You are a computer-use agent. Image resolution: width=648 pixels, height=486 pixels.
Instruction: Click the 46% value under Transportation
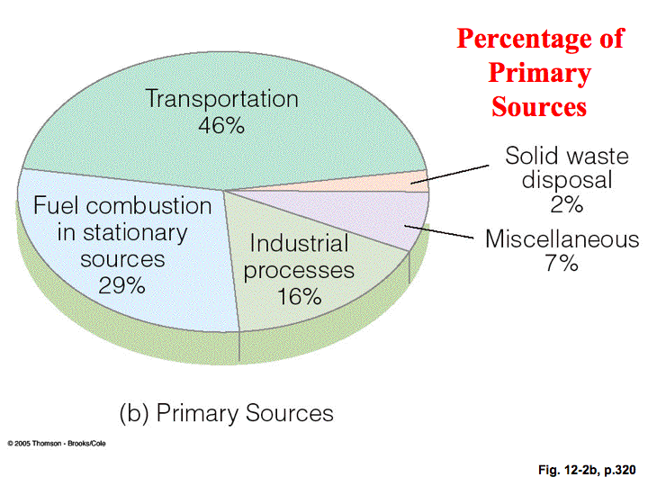[x=221, y=125]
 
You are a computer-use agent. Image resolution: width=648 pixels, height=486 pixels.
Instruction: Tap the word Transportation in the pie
[x=222, y=99]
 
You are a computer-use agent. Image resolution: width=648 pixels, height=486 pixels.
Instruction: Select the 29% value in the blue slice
[x=121, y=285]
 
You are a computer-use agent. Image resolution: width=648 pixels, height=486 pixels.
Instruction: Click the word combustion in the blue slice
[x=148, y=205]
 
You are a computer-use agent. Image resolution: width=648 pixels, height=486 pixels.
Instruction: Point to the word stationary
[x=135, y=233]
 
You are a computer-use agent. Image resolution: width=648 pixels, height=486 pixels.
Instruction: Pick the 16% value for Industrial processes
[x=299, y=296]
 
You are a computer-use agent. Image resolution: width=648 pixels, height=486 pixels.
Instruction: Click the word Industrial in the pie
[x=299, y=243]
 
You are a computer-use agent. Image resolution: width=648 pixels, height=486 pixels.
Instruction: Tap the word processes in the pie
[x=299, y=271]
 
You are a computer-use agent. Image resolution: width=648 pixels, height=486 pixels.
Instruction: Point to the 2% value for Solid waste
[x=567, y=203]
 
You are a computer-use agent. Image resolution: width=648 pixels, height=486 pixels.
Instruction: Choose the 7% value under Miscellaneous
[x=562, y=263]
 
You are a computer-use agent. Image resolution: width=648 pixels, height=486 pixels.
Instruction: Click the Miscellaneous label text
[x=562, y=238]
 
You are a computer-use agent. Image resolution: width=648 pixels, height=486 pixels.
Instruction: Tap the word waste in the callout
[x=598, y=157]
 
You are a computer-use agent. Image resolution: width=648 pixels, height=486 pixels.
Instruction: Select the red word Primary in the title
[x=539, y=73]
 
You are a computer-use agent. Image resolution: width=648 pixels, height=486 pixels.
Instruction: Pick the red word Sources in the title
[x=539, y=106]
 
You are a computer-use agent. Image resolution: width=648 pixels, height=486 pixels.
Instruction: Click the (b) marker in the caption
[x=134, y=413]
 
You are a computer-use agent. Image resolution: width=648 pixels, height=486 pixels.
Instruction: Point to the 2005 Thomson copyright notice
[x=57, y=444]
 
